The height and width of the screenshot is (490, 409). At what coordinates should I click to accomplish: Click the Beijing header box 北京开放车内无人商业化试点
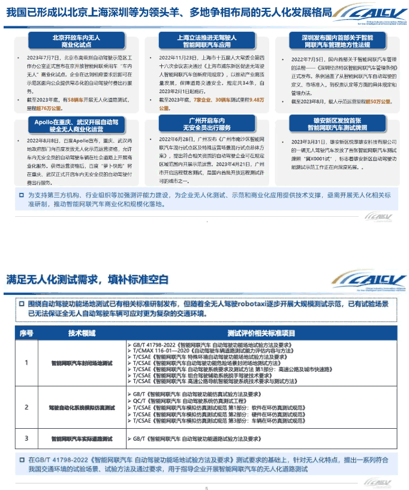tap(67, 40)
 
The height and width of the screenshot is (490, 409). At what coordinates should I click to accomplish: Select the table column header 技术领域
tap(82, 332)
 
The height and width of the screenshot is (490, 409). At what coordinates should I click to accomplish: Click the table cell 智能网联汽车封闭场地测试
tap(82, 363)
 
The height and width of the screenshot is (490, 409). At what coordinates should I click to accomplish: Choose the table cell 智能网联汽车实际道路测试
tap(82, 439)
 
